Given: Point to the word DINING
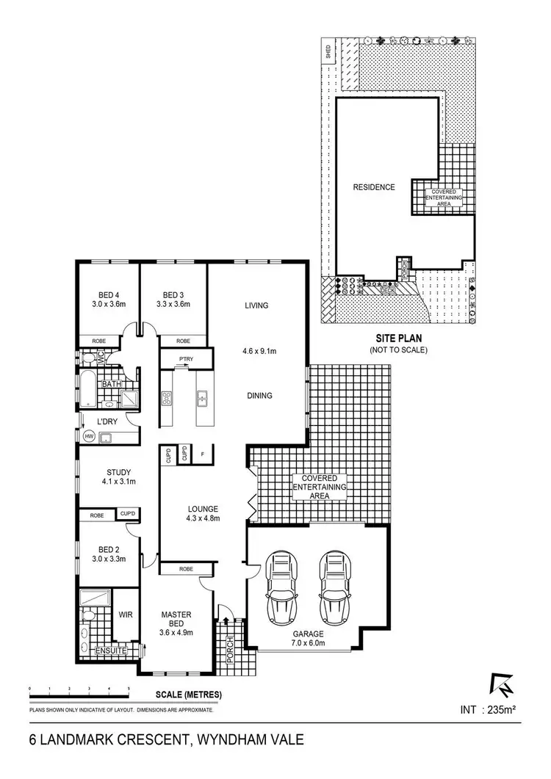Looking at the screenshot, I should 259,396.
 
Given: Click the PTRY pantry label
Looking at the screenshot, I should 186,359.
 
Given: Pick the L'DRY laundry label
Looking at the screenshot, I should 109,421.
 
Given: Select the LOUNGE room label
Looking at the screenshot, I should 202,508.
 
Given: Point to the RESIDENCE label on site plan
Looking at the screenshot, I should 374,187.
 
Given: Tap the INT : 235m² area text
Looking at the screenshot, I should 489,710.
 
